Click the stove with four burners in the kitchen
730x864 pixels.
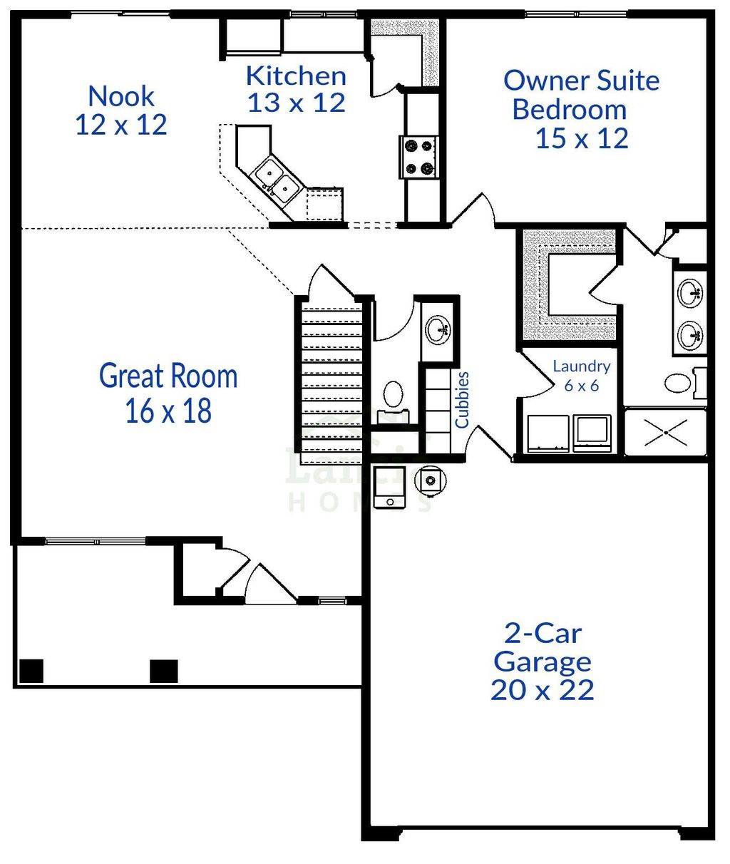pos(419,157)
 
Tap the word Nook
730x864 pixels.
pos(121,96)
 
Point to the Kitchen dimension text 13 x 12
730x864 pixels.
pos(296,103)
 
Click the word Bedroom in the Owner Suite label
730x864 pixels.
pos(569,110)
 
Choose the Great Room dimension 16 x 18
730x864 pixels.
pos(168,411)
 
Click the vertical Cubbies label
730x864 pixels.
pos(463,399)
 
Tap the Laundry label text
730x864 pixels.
pos(582,366)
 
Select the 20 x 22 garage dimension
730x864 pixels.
pos(542,690)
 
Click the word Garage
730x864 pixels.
pos(542,662)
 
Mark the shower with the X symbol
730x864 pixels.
pos(665,432)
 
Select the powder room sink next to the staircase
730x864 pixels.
pos(438,329)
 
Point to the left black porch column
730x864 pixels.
pos(31,671)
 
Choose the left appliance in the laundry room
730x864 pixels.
pos(547,433)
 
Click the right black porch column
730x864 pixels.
pos(164,671)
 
